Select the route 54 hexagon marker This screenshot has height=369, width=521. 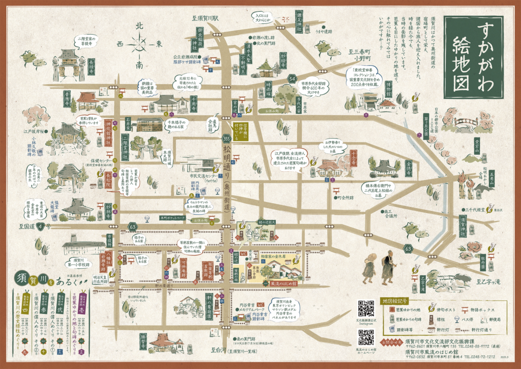[x=292, y=78]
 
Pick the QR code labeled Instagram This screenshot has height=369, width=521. [x=366, y=308]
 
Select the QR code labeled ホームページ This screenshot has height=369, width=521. [x=366, y=337]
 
